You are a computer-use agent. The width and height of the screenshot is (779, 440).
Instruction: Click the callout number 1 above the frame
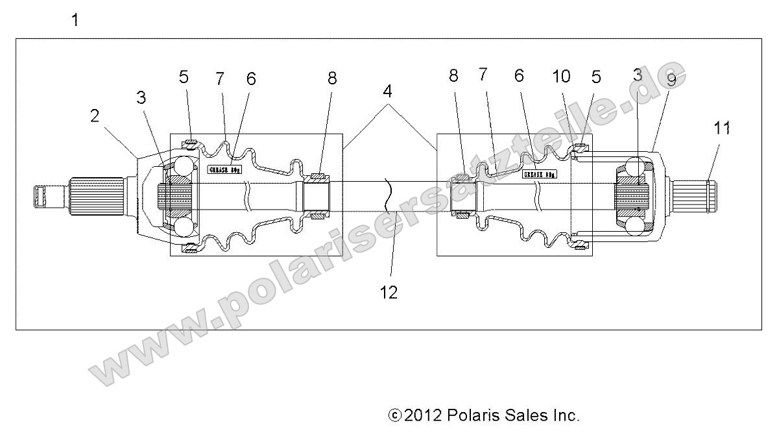pos(75,21)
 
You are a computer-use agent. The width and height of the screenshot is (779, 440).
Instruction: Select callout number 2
pos(95,117)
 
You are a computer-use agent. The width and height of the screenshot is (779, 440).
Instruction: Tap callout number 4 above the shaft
pos(388,92)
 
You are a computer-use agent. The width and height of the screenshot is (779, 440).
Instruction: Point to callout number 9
pos(671,80)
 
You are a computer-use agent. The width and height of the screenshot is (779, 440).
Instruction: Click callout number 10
pos(562,77)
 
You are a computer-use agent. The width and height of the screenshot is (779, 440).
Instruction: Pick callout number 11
pos(722,128)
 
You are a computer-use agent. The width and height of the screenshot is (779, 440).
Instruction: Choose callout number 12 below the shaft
pos(389,292)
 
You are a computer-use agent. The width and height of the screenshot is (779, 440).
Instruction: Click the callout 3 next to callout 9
pos(638,75)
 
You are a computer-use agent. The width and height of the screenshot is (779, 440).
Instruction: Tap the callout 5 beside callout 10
pos(596,77)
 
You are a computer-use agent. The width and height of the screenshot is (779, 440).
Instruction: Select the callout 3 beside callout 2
pos(141,97)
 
